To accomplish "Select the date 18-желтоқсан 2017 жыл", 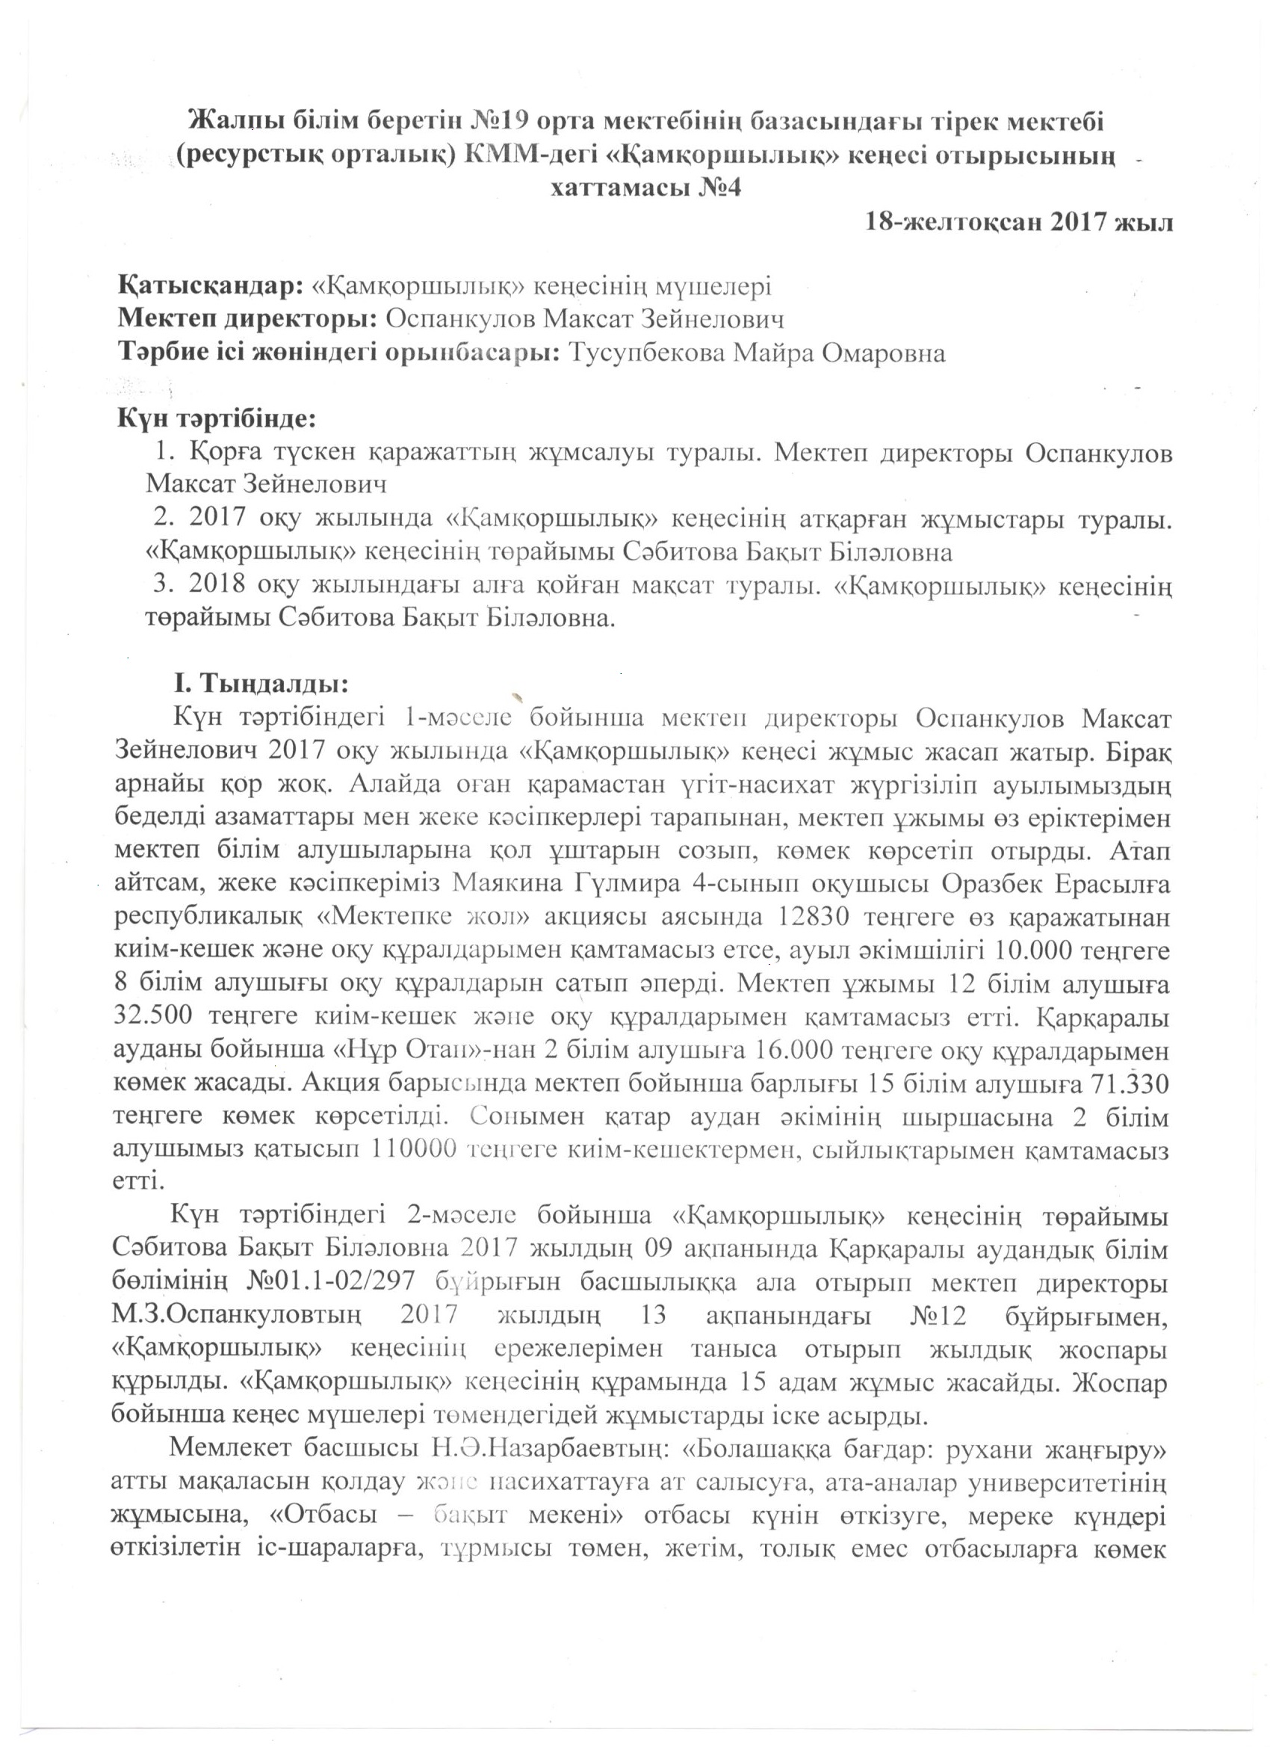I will pos(1019,223).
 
